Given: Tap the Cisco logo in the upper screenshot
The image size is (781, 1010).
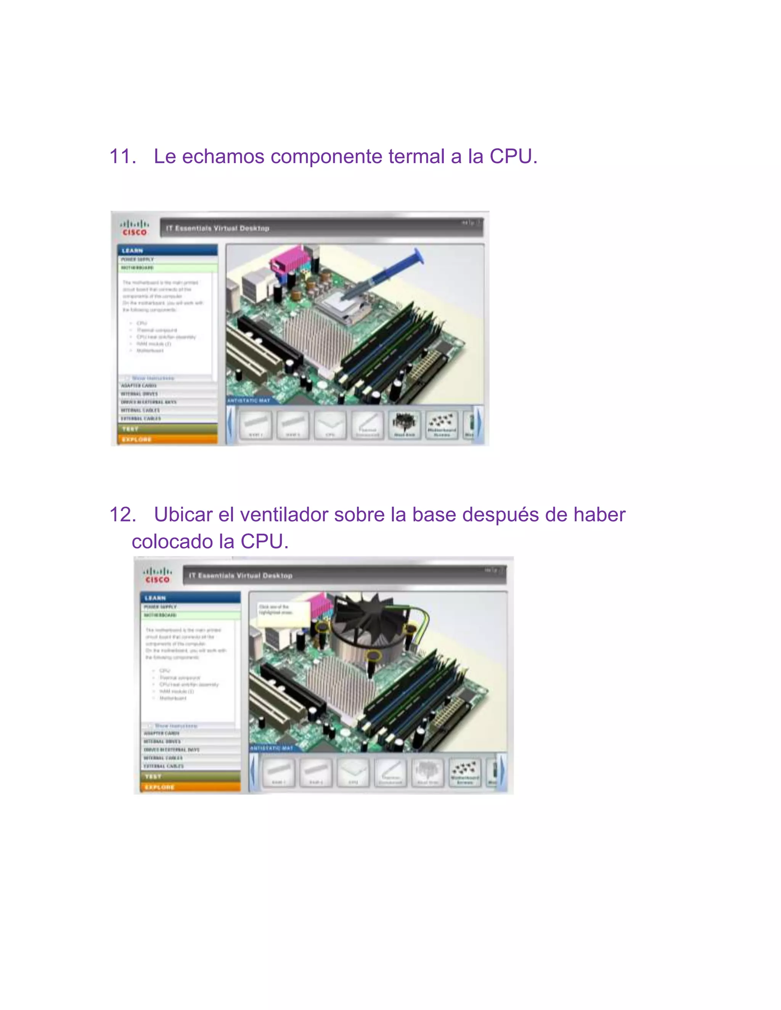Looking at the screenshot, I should point(134,228).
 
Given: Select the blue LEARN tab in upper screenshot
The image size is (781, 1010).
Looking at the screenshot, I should point(167,250).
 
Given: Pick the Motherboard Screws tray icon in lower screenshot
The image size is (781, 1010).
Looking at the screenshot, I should point(465,772).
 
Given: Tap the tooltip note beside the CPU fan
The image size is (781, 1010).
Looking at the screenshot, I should point(282,613).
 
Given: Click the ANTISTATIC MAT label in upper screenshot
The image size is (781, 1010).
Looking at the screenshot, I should point(249,401).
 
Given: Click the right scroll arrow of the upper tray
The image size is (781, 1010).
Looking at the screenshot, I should point(479,425).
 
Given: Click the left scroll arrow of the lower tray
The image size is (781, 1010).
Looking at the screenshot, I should point(253,772).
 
